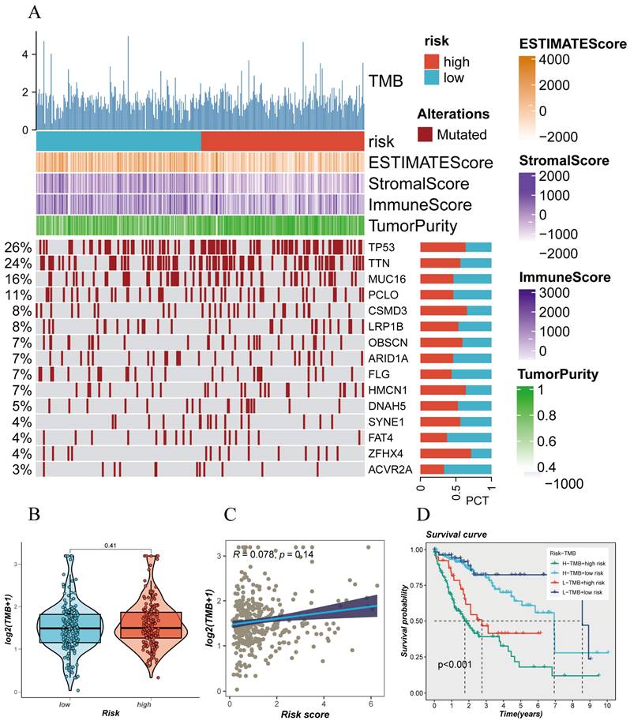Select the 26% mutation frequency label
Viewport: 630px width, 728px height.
click(x=17, y=246)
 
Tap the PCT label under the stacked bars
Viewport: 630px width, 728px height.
click(x=478, y=501)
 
